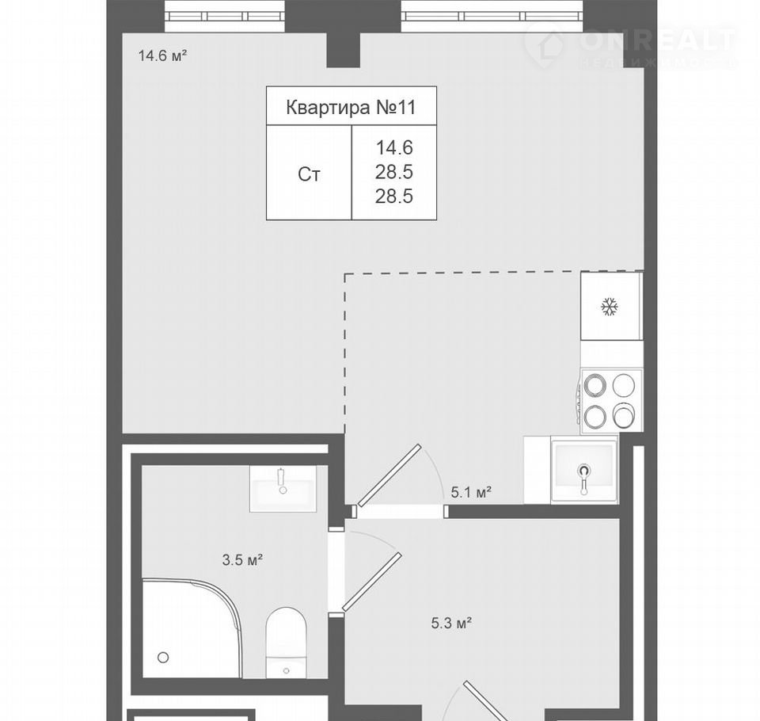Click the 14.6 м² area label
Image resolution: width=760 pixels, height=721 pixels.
pos(163,55)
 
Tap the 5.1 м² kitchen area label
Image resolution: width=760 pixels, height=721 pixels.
pos(472,493)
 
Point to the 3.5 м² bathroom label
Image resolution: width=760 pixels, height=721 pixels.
pos(242,560)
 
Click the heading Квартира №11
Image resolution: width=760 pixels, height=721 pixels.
pos(351,107)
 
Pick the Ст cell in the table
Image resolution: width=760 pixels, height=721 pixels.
pos(309,174)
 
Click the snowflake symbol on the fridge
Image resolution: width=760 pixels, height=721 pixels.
pos(610,307)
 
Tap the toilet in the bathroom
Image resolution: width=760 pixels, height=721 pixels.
pos(286,642)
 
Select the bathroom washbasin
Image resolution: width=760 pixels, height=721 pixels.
pos(283,489)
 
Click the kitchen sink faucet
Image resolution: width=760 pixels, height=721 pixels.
pos(584,478)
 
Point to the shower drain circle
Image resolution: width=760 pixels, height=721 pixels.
pos(163,658)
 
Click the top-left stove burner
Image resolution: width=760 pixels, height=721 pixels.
pos(595,386)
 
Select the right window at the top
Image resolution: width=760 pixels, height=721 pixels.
pos(492,16)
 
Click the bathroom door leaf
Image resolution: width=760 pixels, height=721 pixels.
pos(372,582)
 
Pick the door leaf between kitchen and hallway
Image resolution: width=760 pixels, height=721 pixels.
pos(389,475)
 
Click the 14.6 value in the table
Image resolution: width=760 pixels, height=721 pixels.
pos(394,147)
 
